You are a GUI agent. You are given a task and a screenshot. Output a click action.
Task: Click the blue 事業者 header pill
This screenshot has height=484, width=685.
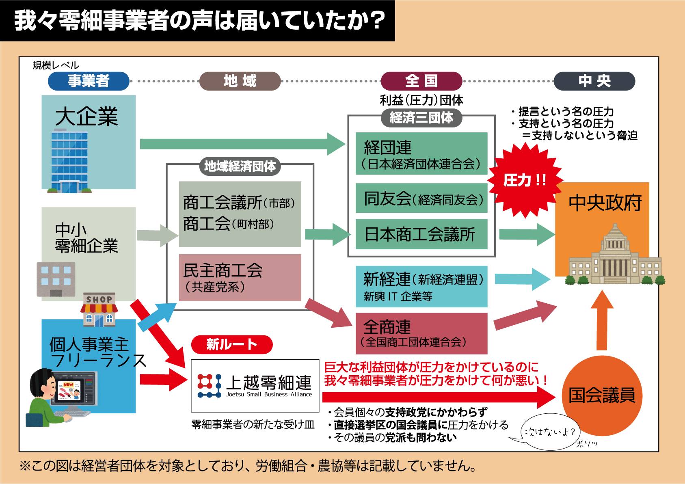pos(89,81)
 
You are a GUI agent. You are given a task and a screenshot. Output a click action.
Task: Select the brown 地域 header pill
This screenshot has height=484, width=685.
pos(240,81)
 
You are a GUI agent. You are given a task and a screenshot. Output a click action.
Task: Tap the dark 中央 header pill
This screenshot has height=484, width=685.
pos(594,81)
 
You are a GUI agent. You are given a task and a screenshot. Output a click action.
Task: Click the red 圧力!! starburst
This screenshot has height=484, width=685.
pos(525,180)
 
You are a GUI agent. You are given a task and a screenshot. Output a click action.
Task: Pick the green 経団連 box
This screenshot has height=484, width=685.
pos(421,153)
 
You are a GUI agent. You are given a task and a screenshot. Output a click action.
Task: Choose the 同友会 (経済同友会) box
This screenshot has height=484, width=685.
pos(421,198)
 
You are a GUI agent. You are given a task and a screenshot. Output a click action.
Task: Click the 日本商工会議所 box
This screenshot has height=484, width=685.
pos(421,234)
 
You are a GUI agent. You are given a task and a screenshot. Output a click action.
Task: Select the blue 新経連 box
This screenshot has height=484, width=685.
pos(421,286)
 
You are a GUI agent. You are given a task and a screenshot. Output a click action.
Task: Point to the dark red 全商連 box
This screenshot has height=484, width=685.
pos(421,333)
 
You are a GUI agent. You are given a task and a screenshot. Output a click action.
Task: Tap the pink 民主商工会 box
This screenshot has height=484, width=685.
pos(240,277)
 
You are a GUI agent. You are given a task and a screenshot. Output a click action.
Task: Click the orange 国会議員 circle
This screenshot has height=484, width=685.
pos(601,395)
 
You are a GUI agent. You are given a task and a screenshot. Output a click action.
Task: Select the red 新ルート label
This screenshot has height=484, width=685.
pos(232,344)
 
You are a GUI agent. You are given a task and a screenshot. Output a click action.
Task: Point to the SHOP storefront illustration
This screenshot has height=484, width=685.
pos(99,310)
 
